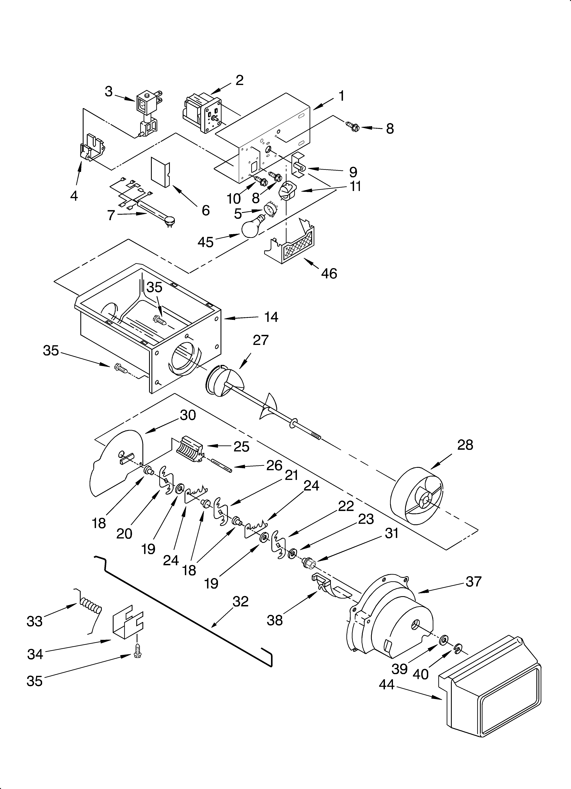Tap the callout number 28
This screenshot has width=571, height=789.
[x=465, y=445]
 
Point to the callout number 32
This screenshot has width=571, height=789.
[x=240, y=601]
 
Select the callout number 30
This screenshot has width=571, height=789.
[x=188, y=415]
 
